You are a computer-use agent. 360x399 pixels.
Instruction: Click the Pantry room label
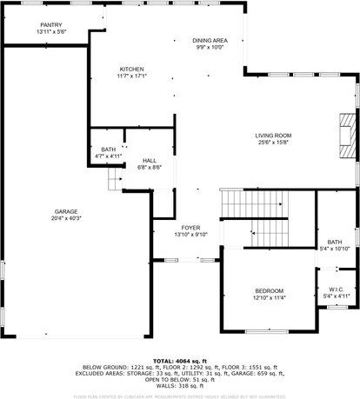(51, 24)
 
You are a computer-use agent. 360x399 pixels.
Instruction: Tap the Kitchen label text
(131, 69)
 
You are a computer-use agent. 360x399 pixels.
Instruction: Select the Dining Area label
(210, 40)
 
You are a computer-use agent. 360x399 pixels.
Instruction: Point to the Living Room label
(272, 135)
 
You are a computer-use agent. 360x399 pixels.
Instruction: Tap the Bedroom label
(268, 290)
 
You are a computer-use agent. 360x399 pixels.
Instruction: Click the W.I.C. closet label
(336, 289)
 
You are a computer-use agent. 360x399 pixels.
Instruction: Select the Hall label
(150, 161)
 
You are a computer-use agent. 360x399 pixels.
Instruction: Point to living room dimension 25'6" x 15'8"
(272, 143)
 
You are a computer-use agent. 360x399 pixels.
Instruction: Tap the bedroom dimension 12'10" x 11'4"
(268, 297)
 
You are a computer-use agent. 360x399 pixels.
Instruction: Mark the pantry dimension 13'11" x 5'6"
(51, 31)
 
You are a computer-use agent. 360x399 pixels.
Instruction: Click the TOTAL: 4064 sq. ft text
(179, 360)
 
